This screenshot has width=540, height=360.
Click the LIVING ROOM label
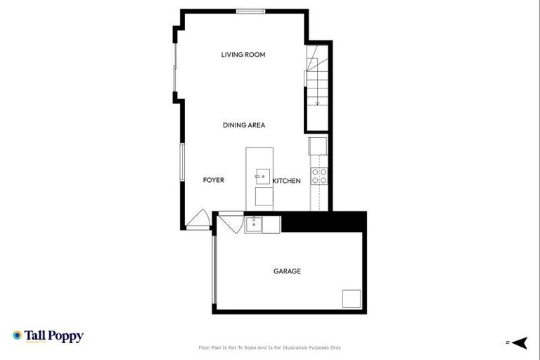(x=243, y=55)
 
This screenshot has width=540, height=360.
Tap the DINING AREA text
(x=243, y=125)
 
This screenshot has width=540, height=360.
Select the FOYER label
(x=213, y=181)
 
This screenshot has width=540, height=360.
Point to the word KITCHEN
(x=286, y=181)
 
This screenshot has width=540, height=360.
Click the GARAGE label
(x=287, y=271)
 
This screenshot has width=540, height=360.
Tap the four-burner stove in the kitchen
(x=319, y=176)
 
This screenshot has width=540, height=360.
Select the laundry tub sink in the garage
(x=253, y=225)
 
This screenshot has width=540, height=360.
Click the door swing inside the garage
(x=229, y=224)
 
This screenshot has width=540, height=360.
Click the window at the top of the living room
(x=250, y=11)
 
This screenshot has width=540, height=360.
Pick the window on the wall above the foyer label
(x=182, y=162)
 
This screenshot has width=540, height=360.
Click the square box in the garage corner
(x=352, y=298)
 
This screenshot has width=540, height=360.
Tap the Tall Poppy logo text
(x=54, y=336)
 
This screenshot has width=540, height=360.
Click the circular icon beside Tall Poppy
(x=17, y=335)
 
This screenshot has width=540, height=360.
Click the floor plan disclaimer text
(x=270, y=347)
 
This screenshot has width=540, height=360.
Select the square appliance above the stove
(x=319, y=146)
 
